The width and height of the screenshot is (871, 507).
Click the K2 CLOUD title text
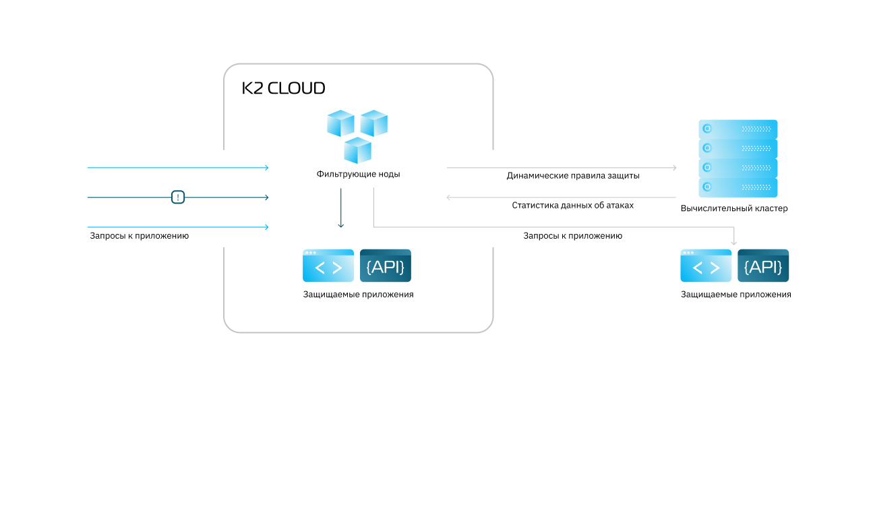tap(284, 88)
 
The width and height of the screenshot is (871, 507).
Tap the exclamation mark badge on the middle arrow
tap(177, 198)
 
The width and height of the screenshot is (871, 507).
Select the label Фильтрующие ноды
tap(358, 174)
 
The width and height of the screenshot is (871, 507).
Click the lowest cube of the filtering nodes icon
tap(357, 150)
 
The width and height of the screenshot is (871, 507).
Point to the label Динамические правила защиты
tap(573, 175)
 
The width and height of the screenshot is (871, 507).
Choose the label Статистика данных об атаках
tap(572, 205)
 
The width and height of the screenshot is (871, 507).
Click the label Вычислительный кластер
tap(734, 208)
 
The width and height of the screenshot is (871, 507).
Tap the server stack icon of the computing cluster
tap(738, 158)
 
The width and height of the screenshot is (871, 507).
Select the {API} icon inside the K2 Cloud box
tap(386, 266)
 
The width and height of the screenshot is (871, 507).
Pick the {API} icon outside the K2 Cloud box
tap(763, 266)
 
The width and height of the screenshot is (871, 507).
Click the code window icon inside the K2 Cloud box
tap(328, 266)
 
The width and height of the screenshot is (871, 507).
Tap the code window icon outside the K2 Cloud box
tap(706, 266)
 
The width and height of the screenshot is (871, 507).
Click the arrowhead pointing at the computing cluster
tap(673, 167)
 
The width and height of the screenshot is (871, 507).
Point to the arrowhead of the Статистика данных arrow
tap(450, 198)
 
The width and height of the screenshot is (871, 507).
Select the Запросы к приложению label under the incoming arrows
tap(139, 236)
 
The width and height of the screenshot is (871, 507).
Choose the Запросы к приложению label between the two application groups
tap(572, 236)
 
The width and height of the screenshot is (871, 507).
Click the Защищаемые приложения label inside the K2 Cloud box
tap(358, 295)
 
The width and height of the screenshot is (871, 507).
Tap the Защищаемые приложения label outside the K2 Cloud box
tap(735, 295)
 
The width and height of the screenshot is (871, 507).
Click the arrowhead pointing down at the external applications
tap(734, 241)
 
